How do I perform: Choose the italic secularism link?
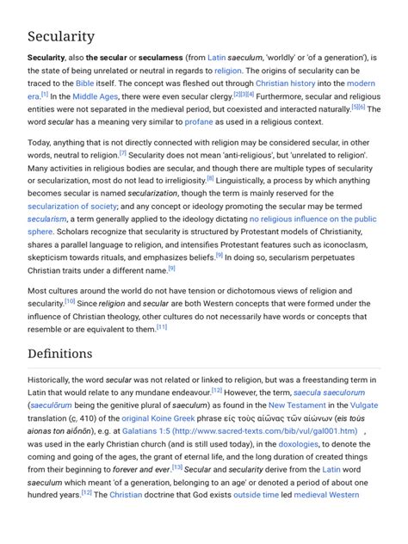pyautogui.click(x=48, y=219)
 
